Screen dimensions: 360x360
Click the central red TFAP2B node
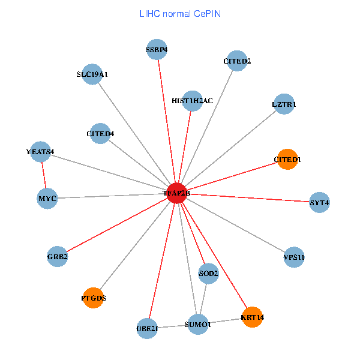point(176,193)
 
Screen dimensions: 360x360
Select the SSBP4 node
point(157,50)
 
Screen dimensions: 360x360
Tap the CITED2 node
point(237,61)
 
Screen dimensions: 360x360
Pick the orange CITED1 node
point(287,159)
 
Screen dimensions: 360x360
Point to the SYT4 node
point(319,202)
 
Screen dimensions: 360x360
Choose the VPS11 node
point(294,257)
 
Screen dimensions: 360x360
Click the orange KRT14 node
point(252,317)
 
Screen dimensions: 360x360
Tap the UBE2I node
point(147,328)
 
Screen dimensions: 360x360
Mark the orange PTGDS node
point(93,298)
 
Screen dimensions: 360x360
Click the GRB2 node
point(58,257)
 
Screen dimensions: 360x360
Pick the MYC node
point(47,198)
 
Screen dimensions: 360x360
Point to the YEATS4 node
point(40,152)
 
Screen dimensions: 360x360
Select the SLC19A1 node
point(92,74)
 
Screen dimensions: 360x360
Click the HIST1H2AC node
point(192,101)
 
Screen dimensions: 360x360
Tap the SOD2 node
point(208,274)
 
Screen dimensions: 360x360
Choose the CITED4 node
point(100,133)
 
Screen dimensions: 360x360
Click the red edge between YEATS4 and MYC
point(43,175)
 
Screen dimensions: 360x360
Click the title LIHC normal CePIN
point(179,13)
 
